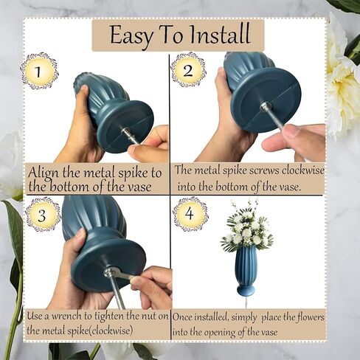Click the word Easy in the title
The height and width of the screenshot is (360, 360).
pos(131,35)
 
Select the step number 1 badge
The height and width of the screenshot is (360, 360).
pos(39,72)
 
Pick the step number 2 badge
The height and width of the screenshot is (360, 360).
pos(188,69)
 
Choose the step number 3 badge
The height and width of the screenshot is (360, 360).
pos(43,215)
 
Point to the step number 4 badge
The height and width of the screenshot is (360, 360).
pos(190,214)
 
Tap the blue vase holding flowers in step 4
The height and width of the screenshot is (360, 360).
pos(246,271)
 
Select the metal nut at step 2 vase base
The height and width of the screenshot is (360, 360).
pos(266,107)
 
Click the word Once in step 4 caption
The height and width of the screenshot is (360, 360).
pos(183,316)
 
